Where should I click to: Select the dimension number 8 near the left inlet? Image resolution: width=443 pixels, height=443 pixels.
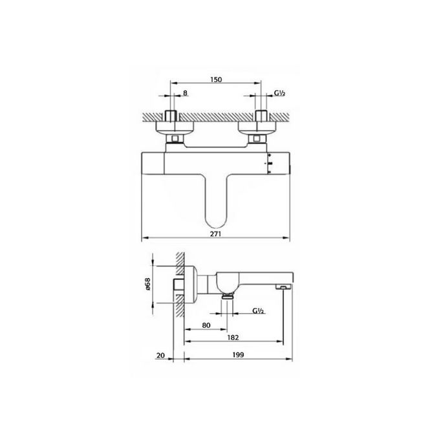pos(186,94)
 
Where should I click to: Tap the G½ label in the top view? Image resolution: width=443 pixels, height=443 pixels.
pos(279,94)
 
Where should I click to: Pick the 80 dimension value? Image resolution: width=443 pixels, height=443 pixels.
pos(206,325)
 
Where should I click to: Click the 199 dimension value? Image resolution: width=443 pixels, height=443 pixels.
pos(239,355)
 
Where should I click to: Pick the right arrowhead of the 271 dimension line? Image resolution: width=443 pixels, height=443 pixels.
pos(288,239)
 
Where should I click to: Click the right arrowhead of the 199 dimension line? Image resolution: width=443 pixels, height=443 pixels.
pos(288,361)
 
